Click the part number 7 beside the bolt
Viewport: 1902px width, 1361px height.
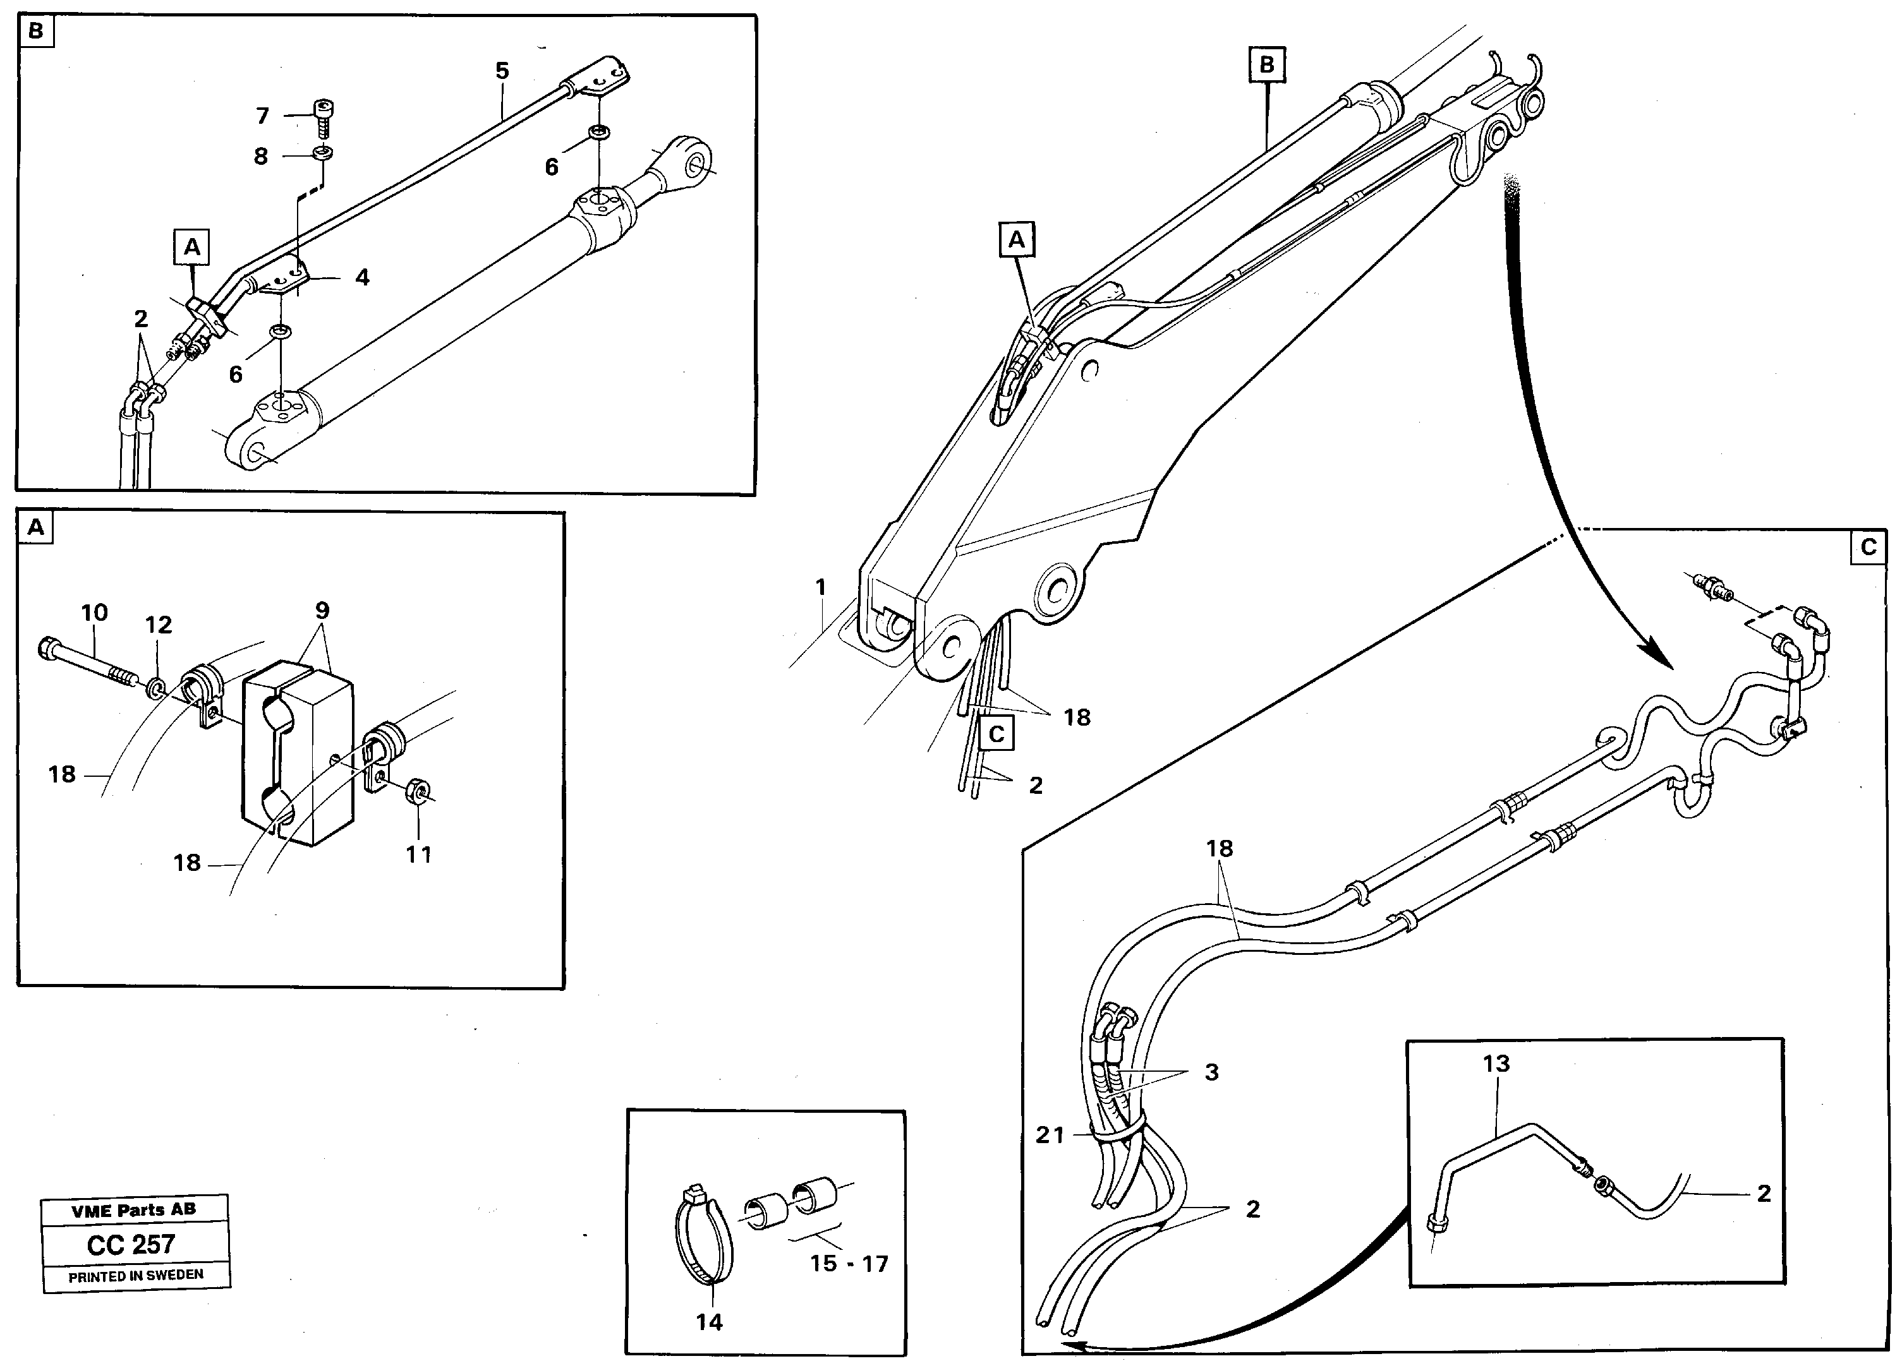[262, 116]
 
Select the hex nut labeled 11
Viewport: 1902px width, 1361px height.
[416, 789]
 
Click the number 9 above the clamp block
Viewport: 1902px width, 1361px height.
[322, 610]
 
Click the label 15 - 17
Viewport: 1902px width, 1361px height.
[848, 1263]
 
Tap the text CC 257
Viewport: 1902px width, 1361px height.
[131, 1245]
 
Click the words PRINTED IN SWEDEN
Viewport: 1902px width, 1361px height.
[136, 1276]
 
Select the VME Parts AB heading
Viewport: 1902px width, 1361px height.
[134, 1209]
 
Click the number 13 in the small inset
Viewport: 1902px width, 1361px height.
[1496, 1064]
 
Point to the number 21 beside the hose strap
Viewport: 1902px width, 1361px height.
[1050, 1135]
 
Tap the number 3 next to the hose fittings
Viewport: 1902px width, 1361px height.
[1211, 1072]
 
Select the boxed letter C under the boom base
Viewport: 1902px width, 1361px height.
[996, 733]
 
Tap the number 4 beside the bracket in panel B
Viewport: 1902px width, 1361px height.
[361, 277]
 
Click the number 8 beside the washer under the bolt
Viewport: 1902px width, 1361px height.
[261, 156]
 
